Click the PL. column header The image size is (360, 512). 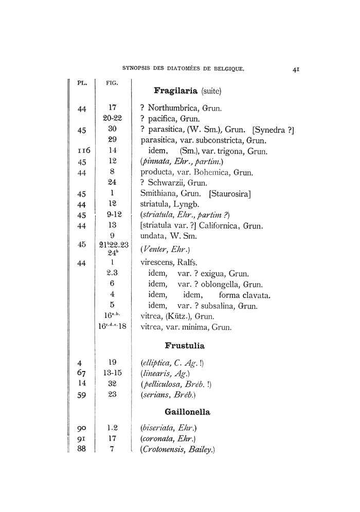82,82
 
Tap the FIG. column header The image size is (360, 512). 112,82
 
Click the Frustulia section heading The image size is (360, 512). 185,345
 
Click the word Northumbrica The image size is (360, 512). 173,108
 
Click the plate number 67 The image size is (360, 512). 81,373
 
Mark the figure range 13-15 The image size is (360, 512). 112,373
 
